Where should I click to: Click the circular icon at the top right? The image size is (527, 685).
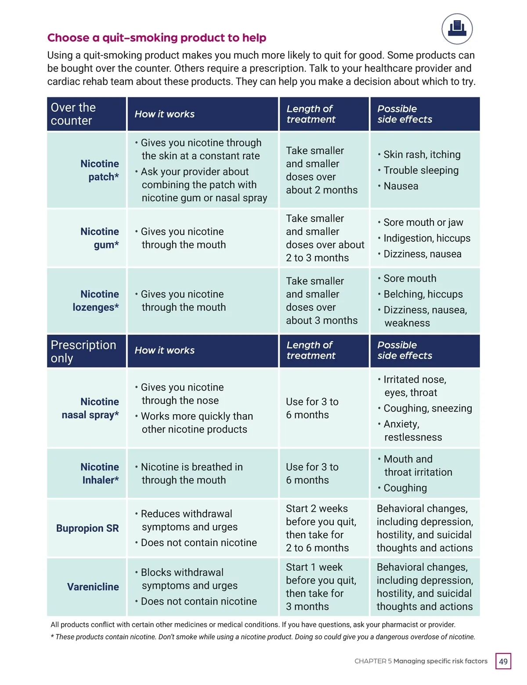457,29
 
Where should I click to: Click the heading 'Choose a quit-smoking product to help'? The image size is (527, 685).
157,38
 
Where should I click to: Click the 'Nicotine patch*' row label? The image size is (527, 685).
100,170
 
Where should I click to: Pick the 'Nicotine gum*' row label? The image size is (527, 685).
100,238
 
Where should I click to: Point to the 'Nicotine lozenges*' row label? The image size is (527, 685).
96,301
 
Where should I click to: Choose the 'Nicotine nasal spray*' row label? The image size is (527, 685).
90,408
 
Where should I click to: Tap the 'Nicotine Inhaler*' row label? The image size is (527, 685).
100,473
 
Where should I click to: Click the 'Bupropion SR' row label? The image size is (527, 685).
87,528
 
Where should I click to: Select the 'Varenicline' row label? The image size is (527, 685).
93,587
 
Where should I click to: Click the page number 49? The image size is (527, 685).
503,661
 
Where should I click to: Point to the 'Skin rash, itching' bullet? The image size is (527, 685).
422,155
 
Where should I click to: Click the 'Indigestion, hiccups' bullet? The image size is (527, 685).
426,238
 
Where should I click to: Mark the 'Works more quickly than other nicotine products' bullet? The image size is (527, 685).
196,423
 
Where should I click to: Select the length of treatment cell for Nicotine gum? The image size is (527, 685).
325,238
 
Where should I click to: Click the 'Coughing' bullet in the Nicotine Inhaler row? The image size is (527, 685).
405,488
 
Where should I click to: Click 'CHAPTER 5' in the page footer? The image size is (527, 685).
373,661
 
